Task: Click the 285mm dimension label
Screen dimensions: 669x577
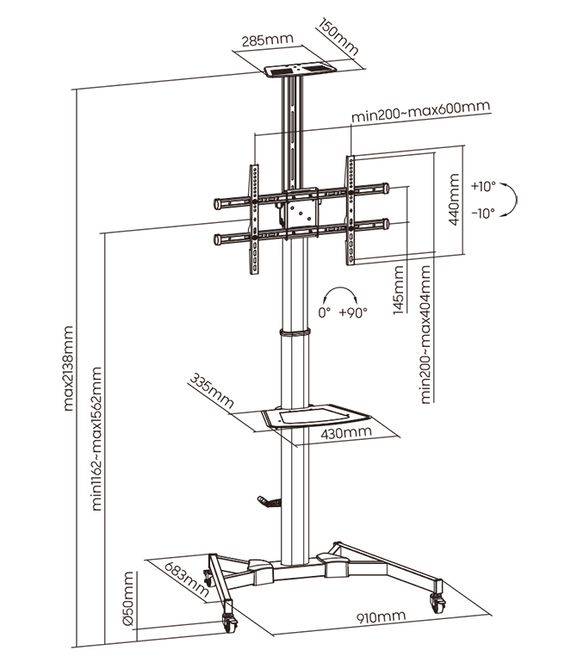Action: [x=267, y=40]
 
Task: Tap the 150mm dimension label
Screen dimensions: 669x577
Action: [x=338, y=35]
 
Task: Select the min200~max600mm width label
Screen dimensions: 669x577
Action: [x=420, y=111]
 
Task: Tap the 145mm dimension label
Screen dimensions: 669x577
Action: [x=398, y=289]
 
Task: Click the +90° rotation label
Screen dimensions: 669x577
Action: [x=353, y=313]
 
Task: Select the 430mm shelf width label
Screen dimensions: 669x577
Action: [x=345, y=432]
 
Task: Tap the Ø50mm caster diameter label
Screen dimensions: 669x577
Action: [x=127, y=599]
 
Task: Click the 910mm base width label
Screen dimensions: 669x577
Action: [x=380, y=617]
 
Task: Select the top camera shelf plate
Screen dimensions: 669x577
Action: [x=301, y=68]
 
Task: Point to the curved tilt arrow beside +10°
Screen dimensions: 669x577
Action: [x=512, y=198]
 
